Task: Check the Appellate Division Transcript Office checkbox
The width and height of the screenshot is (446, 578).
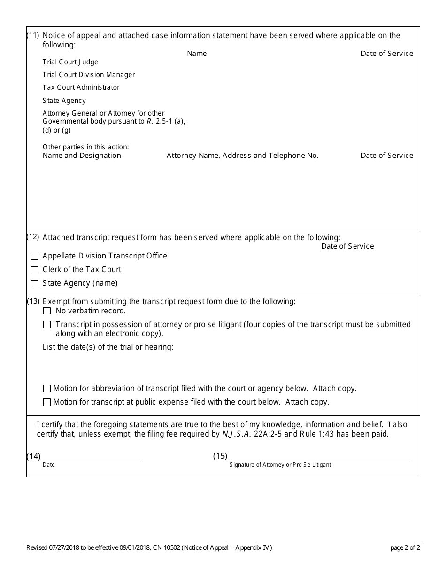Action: click(34, 257)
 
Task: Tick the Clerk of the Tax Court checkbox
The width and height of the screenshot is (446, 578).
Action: click(34, 270)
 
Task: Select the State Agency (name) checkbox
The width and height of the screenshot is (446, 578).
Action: click(34, 284)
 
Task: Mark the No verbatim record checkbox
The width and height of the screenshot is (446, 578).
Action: click(47, 311)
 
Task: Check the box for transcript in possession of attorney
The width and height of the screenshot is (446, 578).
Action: click(47, 325)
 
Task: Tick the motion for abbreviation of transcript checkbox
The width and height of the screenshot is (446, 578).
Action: click(47, 389)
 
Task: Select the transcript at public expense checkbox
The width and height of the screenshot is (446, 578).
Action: click(47, 402)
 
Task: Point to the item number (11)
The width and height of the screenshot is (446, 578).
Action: click(33, 35)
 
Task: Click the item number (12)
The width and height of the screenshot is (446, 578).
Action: click(33, 237)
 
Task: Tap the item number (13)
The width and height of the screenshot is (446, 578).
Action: click(33, 301)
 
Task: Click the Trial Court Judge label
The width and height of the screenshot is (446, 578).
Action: click(70, 62)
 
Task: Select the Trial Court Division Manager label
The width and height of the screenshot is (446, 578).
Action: click(89, 75)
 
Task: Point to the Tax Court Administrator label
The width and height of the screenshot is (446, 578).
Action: click(81, 87)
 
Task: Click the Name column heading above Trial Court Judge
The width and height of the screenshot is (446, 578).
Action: click(197, 54)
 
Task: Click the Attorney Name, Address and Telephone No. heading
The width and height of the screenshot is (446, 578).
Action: click(242, 156)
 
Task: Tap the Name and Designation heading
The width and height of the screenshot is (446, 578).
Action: click(82, 156)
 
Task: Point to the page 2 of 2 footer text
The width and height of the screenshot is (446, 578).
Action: click(405, 547)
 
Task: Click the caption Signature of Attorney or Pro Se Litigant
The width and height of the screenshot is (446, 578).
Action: click(280, 465)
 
